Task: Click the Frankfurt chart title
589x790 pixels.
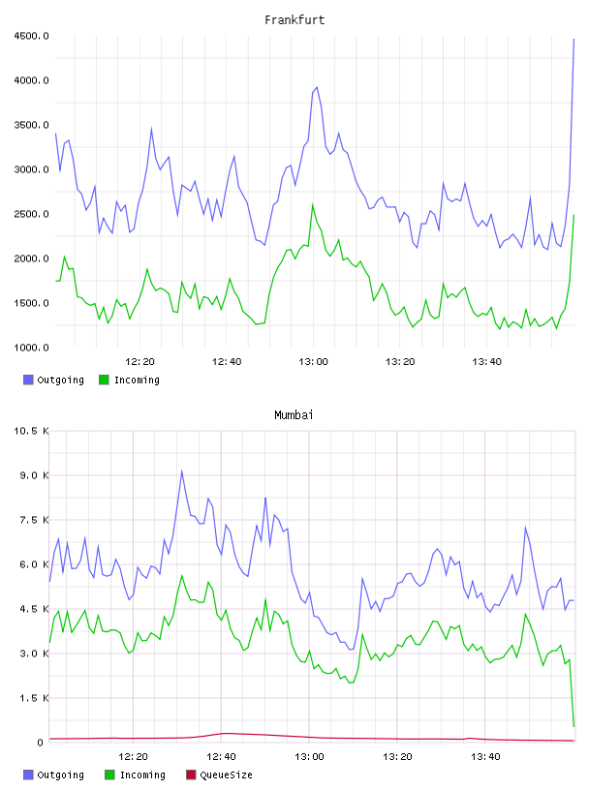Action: pos(294,20)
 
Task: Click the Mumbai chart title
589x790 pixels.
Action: pos(294,415)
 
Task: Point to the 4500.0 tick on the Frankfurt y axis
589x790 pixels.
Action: pos(31,36)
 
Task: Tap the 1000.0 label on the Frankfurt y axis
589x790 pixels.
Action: pos(31,348)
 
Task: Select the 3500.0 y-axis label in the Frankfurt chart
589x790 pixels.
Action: pos(31,125)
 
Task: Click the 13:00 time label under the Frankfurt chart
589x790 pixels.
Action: pos(313,362)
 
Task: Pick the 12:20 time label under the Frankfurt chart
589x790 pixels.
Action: pos(139,362)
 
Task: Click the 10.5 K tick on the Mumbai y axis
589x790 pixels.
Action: pos(31,431)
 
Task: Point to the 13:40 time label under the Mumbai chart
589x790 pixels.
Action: pos(485,757)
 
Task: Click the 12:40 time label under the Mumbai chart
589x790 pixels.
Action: pos(222,757)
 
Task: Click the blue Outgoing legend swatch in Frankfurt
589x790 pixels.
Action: pos(28,380)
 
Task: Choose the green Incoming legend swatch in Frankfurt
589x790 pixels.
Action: pos(104,380)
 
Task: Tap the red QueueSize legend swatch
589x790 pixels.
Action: pos(191,775)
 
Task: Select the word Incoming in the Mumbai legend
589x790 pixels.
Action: pos(142,775)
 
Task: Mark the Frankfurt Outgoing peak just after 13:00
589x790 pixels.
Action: pos(317,87)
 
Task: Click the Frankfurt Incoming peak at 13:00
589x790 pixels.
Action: pos(313,204)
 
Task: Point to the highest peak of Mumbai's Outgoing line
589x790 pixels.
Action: pos(181,471)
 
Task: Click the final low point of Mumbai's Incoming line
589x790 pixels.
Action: pos(573,726)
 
